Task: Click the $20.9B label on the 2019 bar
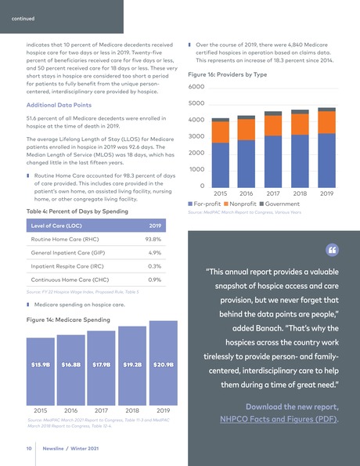click(x=163, y=364)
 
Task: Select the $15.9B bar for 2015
click(x=41, y=368)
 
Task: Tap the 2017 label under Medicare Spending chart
click(x=102, y=410)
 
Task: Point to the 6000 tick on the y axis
click(x=196, y=87)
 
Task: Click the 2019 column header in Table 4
click(x=154, y=225)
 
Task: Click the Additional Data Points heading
click(x=64, y=104)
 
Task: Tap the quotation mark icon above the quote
click(x=331, y=250)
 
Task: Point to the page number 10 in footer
click(x=27, y=449)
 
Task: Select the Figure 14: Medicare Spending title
click(x=68, y=320)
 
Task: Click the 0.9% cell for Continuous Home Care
click(x=154, y=279)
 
